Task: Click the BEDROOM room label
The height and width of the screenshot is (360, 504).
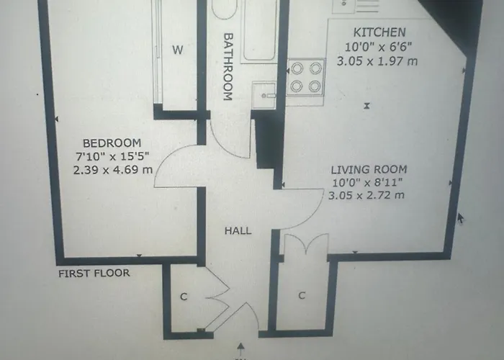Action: click(x=112, y=143)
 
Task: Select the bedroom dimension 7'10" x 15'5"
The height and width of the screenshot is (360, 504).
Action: click(x=112, y=157)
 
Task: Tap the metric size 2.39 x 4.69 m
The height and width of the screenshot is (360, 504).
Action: click(x=112, y=171)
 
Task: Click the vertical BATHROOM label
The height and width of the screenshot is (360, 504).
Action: click(x=228, y=66)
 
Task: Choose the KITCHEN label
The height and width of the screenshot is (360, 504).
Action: click(x=379, y=32)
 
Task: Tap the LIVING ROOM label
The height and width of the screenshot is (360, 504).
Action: click(x=369, y=169)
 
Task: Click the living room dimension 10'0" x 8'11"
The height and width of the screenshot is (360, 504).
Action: click(x=366, y=182)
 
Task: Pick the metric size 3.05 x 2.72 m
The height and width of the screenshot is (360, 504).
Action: click(x=366, y=195)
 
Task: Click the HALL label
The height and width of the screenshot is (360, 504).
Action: click(x=238, y=231)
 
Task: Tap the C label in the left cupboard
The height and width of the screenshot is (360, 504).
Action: click(x=183, y=296)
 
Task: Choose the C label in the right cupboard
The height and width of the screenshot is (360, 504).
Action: click(x=302, y=295)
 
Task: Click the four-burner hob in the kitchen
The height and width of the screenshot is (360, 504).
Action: click(x=305, y=78)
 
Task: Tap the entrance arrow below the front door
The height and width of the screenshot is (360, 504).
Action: click(x=240, y=349)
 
